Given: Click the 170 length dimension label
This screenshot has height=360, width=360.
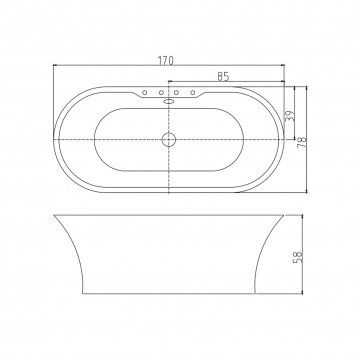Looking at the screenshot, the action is (166, 60).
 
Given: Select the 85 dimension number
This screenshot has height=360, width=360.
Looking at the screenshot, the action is (223, 77).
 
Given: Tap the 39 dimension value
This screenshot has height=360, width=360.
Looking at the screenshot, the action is (289, 116).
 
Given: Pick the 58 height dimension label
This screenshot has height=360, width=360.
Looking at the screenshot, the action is (297, 257).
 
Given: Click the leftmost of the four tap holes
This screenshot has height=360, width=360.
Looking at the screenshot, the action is (145, 92).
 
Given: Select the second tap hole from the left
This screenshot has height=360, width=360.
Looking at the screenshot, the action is (161, 92).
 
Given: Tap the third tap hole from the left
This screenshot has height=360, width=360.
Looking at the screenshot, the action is (177, 92).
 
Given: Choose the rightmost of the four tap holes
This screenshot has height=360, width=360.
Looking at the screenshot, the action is (193, 92).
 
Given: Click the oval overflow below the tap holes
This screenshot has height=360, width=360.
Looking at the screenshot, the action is (169, 101).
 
